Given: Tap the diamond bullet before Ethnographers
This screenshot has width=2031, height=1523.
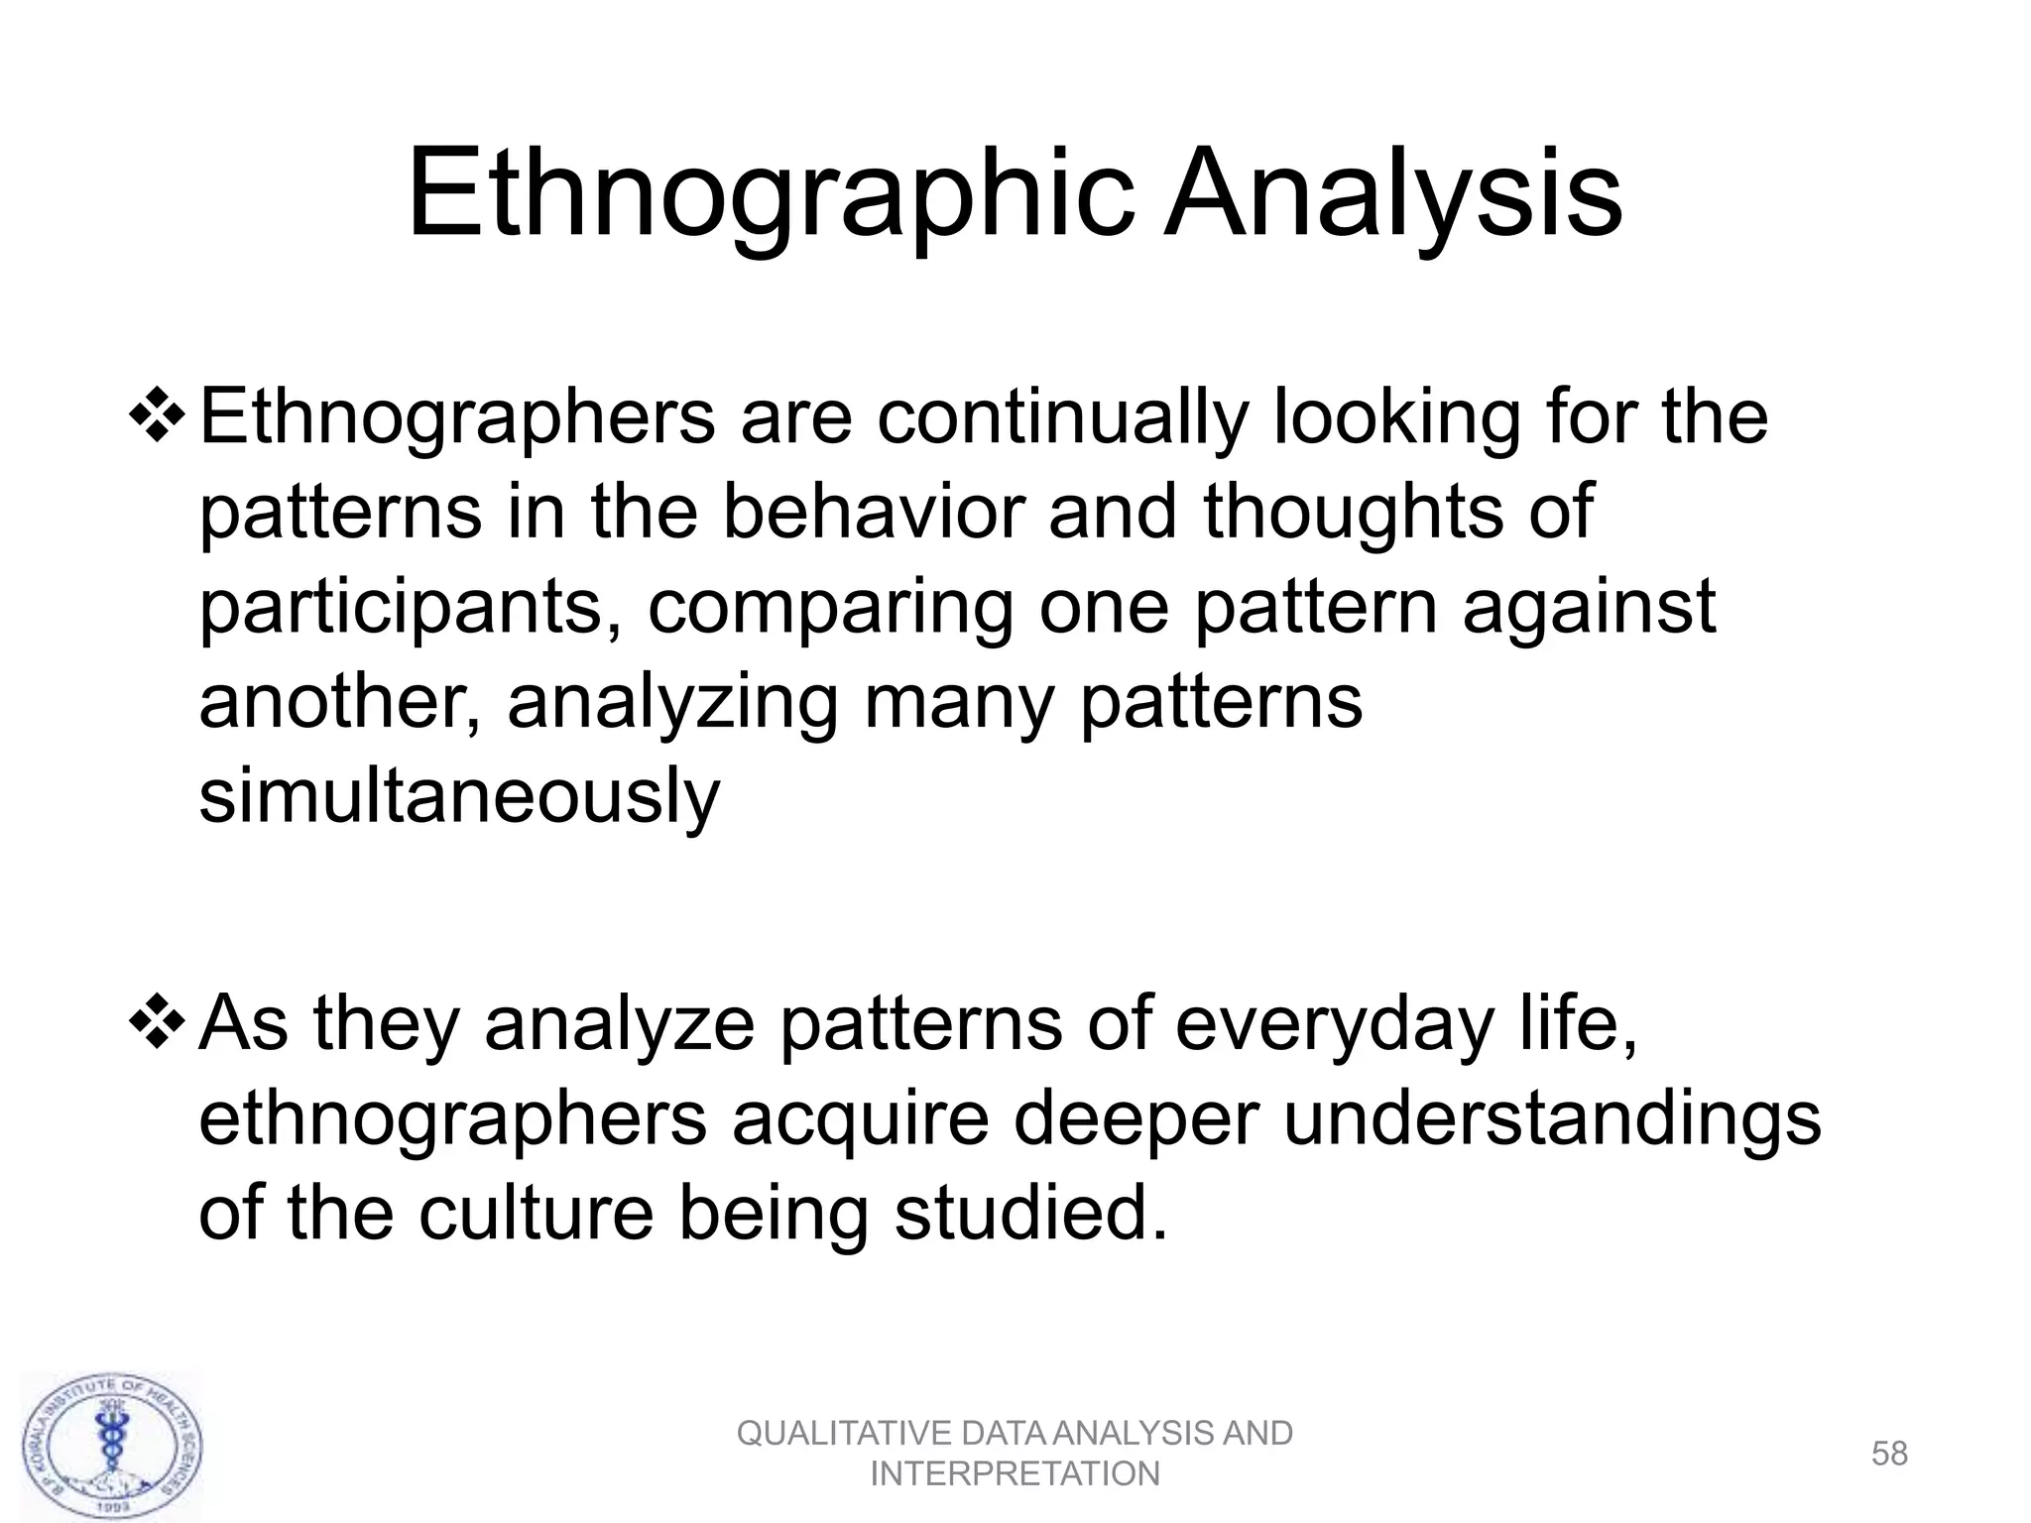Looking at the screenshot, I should [x=157, y=415].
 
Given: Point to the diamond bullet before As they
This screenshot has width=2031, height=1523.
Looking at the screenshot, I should [x=157, y=1022].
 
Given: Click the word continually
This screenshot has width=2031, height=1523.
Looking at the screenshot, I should [x=1060, y=417].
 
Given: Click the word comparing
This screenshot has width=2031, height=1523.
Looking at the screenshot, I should [x=831, y=608].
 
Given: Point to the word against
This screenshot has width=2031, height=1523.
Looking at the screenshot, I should [x=1589, y=606].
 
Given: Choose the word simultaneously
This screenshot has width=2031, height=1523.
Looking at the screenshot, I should [x=459, y=796].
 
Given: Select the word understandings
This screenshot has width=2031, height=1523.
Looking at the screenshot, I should [x=1552, y=1119].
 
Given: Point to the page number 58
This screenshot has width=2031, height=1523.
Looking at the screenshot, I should [x=1889, y=1454].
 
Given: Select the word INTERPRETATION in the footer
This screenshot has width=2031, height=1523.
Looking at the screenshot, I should [x=1015, y=1474].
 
